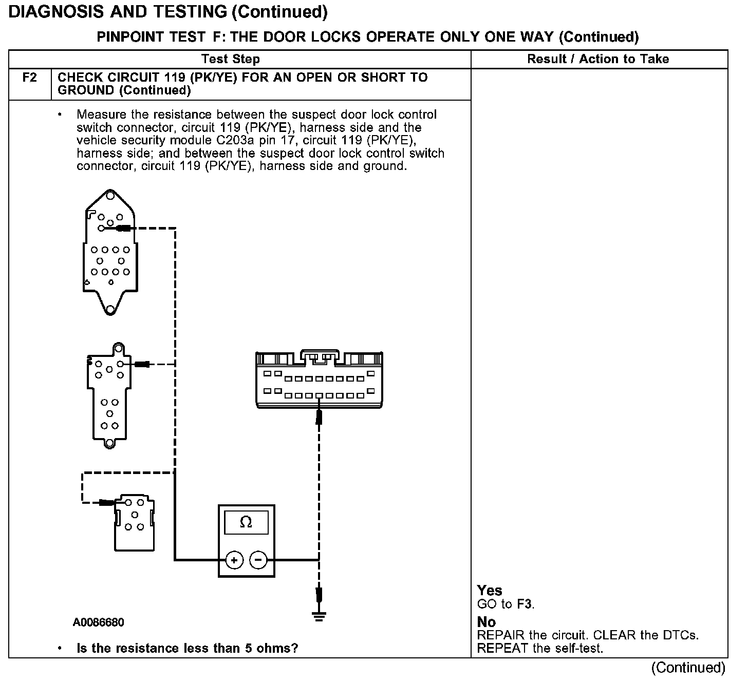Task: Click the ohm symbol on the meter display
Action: pos(246,523)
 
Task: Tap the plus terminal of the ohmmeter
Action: pos(234,560)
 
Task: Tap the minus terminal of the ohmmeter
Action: pos(258,560)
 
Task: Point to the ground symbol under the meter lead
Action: pos(319,616)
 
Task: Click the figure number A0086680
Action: pos(98,622)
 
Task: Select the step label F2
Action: pos(30,78)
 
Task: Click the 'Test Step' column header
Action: pos(231,59)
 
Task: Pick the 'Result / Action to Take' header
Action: pos(598,59)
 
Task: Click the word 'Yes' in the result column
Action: pos(489,591)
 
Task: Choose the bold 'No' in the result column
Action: pos(486,622)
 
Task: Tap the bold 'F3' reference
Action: pos(525,604)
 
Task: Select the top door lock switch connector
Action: pos(109,252)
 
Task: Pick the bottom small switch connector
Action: pos(134,524)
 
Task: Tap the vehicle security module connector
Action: pos(319,380)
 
